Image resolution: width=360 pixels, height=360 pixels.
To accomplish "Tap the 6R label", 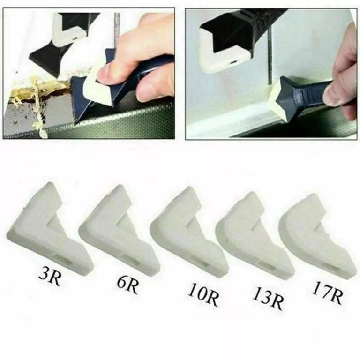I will (x=127, y=284).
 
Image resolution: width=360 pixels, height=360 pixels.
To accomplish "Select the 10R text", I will (x=203, y=294).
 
